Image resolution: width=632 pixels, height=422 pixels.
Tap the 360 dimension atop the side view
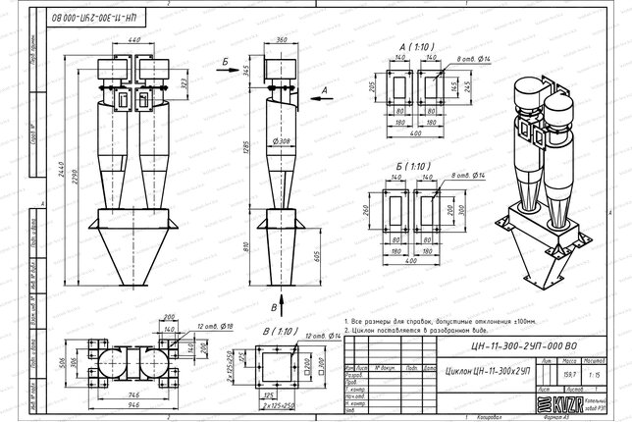282,40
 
